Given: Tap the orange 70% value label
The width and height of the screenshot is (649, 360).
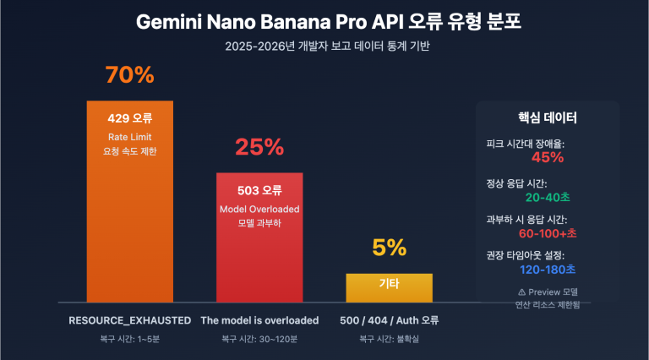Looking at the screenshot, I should click(x=129, y=75).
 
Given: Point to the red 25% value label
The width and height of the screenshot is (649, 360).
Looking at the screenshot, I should click(x=259, y=147).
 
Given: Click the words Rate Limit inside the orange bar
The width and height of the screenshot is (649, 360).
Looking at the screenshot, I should click(x=129, y=136).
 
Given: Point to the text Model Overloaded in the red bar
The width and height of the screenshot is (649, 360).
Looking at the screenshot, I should click(x=259, y=209).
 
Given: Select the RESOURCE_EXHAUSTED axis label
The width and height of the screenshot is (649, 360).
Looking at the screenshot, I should click(x=129, y=320).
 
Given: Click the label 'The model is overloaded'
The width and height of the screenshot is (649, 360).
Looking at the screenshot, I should click(x=259, y=320).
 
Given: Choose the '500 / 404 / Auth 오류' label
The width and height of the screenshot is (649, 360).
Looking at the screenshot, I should click(x=389, y=320).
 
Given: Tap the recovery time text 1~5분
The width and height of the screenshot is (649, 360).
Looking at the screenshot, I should click(x=129, y=340).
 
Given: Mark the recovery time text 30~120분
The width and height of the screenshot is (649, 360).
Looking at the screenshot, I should click(x=259, y=340).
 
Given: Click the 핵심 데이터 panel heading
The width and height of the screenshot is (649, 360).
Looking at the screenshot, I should click(x=548, y=117).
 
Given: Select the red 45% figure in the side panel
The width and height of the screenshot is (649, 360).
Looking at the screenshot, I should click(x=548, y=157).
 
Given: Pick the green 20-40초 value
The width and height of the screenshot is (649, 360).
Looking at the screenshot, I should click(x=548, y=197).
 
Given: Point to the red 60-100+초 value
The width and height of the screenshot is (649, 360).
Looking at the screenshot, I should click(x=548, y=232).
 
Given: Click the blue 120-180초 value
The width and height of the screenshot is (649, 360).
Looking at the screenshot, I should click(x=548, y=269).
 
